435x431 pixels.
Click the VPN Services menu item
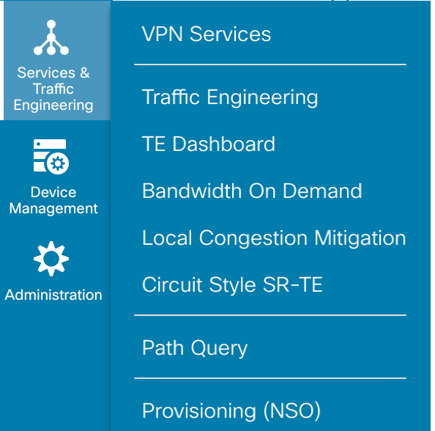pyautogui.click(x=206, y=34)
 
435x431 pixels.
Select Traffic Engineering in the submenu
pyautogui.click(x=230, y=97)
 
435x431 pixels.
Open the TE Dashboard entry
pyautogui.click(x=208, y=144)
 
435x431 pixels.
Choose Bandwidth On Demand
pyautogui.click(x=252, y=191)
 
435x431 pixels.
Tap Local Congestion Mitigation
pyautogui.click(x=274, y=238)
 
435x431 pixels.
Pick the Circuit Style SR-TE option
pyautogui.click(x=232, y=284)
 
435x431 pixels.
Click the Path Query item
pyautogui.click(x=195, y=348)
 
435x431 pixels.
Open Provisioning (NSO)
pyautogui.click(x=231, y=410)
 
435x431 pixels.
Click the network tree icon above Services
pyautogui.click(x=51, y=37)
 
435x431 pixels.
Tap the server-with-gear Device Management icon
pyautogui.click(x=51, y=157)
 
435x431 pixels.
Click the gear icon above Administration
pyautogui.click(x=51, y=259)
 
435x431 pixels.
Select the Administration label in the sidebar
pyautogui.click(x=53, y=295)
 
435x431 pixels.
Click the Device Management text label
pyautogui.click(x=53, y=200)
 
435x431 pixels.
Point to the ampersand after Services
pyautogui.click(x=85, y=73)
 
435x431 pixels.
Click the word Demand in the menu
pyautogui.click(x=322, y=191)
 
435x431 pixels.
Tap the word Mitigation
pyautogui.click(x=360, y=238)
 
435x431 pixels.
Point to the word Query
pyautogui.click(x=219, y=348)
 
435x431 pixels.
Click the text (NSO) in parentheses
pyautogui.click(x=292, y=410)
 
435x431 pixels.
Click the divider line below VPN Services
pyautogui.click(x=270, y=65)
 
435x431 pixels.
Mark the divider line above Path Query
pyautogui.click(x=270, y=315)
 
